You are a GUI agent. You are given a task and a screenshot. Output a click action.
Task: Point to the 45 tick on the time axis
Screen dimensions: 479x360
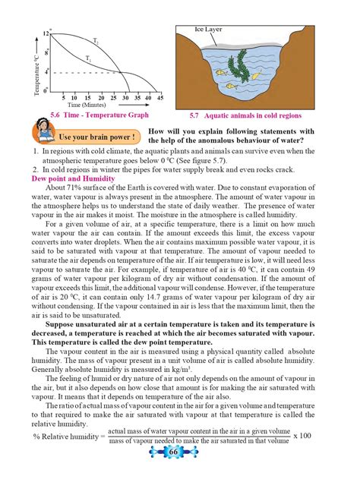(160, 97)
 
